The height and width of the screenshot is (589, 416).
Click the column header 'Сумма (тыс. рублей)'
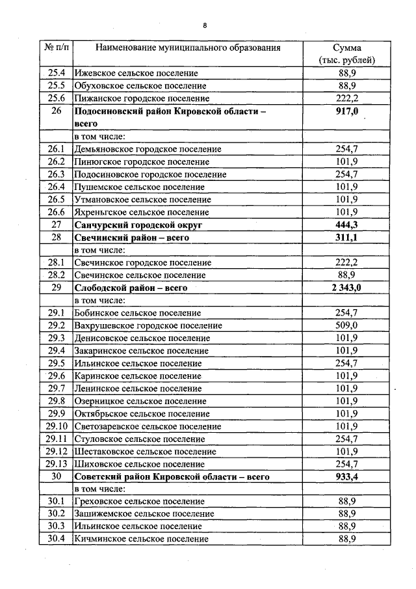point(347,54)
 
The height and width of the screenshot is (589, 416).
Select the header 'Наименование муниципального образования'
point(188,48)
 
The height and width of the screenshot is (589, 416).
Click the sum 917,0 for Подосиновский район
point(347,111)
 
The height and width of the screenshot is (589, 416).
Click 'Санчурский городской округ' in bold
point(139,225)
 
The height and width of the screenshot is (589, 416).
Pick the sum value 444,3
point(347,225)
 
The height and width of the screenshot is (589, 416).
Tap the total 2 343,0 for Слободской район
point(347,288)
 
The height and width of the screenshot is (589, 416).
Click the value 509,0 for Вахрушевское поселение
point(347,325)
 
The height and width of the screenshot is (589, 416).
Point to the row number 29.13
point(57,464)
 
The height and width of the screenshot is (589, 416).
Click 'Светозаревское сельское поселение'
point(148,426)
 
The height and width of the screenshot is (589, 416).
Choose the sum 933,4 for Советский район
point(347,477)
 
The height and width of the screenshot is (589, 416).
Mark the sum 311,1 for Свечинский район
point(347,238)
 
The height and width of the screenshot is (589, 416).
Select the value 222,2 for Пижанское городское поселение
point(347,98)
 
